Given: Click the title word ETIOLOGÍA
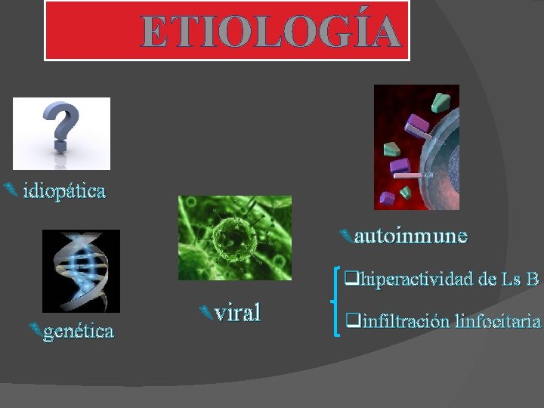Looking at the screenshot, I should click(270, 32).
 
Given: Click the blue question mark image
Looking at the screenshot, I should click(61, 133).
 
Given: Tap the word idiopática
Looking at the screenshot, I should click(64, 190).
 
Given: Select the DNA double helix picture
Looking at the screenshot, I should click(81, 270).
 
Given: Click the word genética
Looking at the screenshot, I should click(79, 331).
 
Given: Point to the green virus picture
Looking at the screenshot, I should click(234, 238).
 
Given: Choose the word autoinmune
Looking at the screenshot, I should click(410, 236).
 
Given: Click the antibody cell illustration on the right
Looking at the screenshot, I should click(416, 147).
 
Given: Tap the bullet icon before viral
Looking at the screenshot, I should click(202, 310).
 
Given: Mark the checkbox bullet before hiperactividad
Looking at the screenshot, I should click(351, 279).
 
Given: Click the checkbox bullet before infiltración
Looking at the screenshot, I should click(351, 321).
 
